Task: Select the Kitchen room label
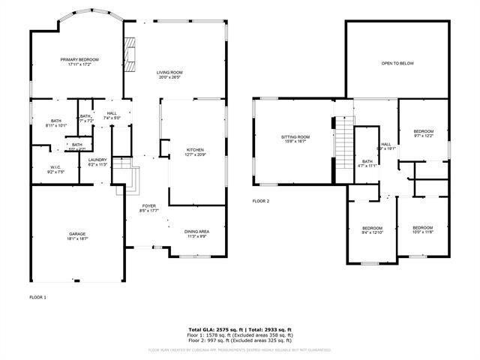[x=195, y=152]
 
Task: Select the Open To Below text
[x=398, y=64]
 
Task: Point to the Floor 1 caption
[x=37, y=298]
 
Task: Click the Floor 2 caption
[x=260, y=201]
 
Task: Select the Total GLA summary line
[x=239, y=329]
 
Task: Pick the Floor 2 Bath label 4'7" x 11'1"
[x=367, y=163]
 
